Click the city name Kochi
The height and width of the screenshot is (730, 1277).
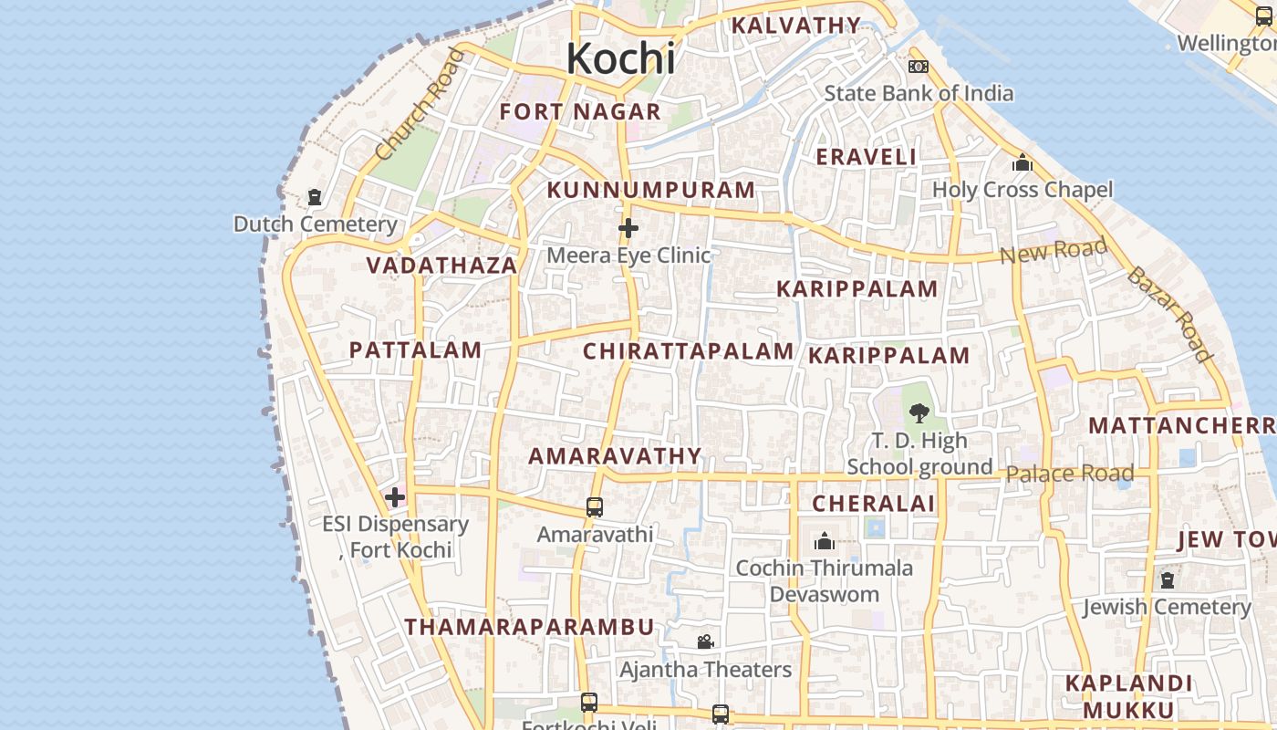tap(620, 58)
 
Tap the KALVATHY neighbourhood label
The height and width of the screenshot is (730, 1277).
tap(796, 26)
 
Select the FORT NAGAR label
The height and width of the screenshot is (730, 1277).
tap(580, 112)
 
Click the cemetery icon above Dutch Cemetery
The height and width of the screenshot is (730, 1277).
tap(315, 197)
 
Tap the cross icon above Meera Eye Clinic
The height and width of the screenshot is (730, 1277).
tap(628, 228)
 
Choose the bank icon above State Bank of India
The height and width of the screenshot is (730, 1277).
tap(918, 67)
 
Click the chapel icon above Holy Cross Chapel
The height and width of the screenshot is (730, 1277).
tap(1022, 163)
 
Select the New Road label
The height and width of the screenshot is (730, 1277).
tap(1054, 249)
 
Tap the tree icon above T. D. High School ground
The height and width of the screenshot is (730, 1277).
tap(919, 412)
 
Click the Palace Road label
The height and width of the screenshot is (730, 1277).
tap(1069, 474)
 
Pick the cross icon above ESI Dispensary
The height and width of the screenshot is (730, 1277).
tap(394, 497)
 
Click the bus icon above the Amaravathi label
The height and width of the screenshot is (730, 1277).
tap(595, 507)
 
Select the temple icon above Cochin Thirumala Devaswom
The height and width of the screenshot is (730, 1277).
tap(824, 541)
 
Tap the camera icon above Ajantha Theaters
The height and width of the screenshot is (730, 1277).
tap(705, 642)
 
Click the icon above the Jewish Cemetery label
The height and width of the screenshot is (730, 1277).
tap(1167, 580)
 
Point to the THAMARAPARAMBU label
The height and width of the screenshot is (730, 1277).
tap(529, 627)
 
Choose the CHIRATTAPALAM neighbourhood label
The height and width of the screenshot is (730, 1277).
tap(688, 351)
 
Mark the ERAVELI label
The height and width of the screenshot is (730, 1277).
tap(866, 157)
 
